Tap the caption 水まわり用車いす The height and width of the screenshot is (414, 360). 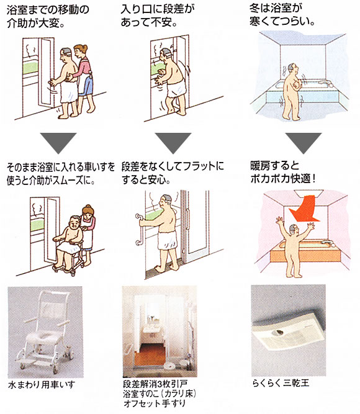pos(42,384)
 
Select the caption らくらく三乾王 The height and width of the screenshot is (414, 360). pos(281,382)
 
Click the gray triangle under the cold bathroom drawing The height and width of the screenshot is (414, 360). pos(304,143)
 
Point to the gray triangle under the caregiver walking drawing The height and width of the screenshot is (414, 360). pos(58,143)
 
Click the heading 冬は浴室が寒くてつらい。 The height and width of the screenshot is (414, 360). pos(282,15)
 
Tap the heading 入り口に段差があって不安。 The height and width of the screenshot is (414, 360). pos(158,16)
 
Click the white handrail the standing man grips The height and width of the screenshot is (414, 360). pos(138,230)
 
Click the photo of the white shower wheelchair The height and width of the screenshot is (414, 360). pos(45,332)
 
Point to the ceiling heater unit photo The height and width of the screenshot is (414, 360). pos(289,330)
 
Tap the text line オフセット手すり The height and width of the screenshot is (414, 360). pos(155,403)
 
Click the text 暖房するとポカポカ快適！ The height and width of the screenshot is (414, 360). pos(283,173)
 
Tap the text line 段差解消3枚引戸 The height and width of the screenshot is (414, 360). pos(155,384)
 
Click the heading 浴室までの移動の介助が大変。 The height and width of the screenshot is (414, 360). pos(48,16)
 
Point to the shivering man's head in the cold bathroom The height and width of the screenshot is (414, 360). pos(292,70)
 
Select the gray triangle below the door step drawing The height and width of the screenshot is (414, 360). pos(173,143)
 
